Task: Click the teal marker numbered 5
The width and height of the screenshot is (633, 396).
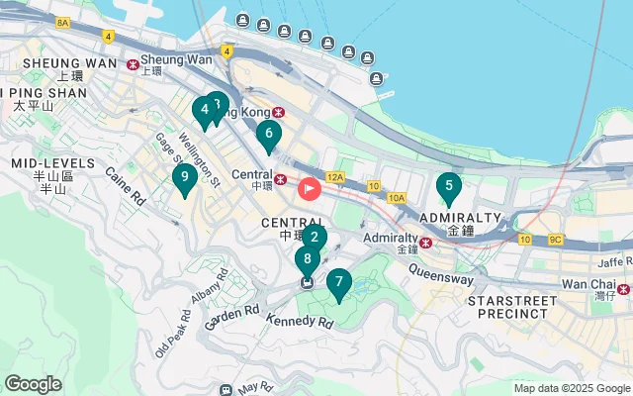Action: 449,185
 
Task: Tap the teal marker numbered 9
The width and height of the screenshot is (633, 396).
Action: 182,178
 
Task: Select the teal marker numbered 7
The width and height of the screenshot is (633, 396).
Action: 338,283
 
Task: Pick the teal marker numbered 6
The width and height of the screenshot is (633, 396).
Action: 268,134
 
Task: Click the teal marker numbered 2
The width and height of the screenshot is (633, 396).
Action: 314,237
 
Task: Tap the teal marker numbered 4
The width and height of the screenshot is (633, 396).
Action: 204,110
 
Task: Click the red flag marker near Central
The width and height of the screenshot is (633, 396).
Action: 310,187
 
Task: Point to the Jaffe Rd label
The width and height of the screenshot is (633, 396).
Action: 613,262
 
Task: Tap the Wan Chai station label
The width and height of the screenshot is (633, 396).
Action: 588,284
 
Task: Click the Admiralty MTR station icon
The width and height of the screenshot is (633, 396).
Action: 426,242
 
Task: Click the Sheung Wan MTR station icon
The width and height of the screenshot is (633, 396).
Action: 134,64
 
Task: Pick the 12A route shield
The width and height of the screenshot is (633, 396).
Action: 336,177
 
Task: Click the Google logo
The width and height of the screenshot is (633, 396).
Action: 34,383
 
